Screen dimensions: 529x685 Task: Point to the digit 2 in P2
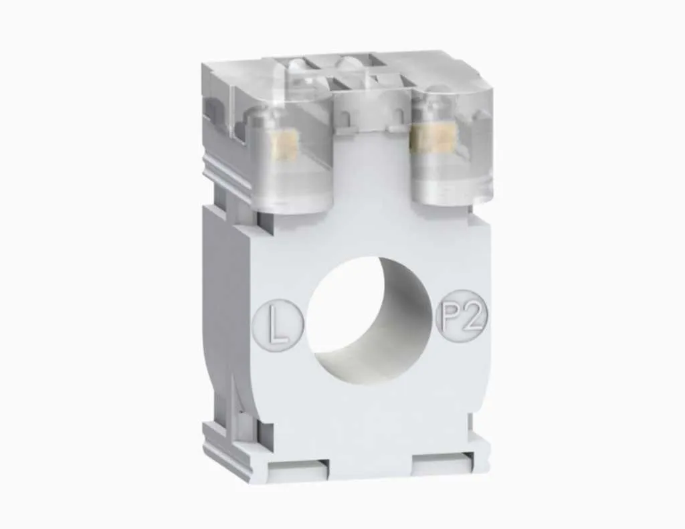coord(472,315)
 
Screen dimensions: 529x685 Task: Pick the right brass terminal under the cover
coord(426,138)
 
